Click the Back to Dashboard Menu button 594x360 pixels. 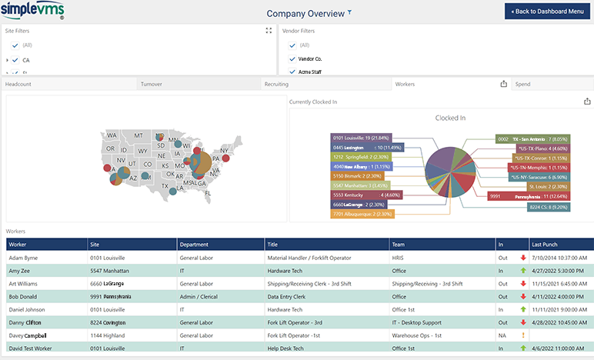[x=548, y=12]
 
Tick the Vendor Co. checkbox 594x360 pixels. [x=292, y=58]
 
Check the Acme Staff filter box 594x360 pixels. [x=292, y=72]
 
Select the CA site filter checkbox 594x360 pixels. [x=15, y=59]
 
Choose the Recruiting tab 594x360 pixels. [x=277, y=84]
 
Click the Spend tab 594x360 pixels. [x=522, y=84]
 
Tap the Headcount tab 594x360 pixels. [x=18, y=84]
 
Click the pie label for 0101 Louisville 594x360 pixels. [x=361, y=137]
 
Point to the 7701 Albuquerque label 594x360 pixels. [x=362, y=214]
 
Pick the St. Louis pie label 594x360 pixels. [x=548, y=186]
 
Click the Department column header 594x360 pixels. [x=194, y=244]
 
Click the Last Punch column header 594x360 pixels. [x=545, y=244]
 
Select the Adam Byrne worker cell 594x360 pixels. [x=23, y=257]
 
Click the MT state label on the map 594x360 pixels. [x=139, y=135]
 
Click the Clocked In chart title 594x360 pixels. [x=450, y=118]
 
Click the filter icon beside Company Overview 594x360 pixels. [x=350, y=12]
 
